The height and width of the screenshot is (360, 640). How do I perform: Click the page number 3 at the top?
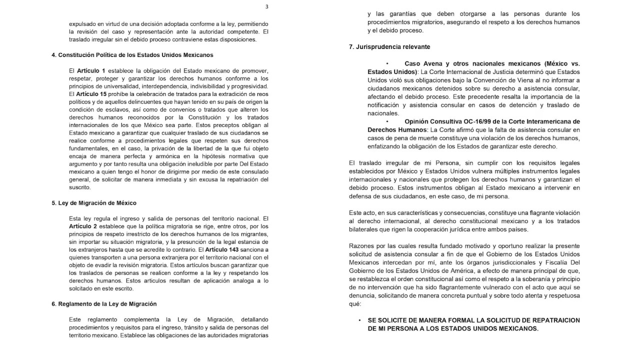coord(266,6)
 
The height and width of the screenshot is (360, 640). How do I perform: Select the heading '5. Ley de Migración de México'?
coord(94,203)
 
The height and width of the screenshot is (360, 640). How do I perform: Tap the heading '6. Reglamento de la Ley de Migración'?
coord(104,303)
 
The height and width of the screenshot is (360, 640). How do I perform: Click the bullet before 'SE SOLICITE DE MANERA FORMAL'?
coord(359,320)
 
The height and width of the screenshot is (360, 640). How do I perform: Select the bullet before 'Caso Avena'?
coord(387,64)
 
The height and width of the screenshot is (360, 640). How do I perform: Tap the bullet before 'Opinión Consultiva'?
coord(387,121)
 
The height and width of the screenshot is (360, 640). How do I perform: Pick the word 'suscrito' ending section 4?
coord(80,187)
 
